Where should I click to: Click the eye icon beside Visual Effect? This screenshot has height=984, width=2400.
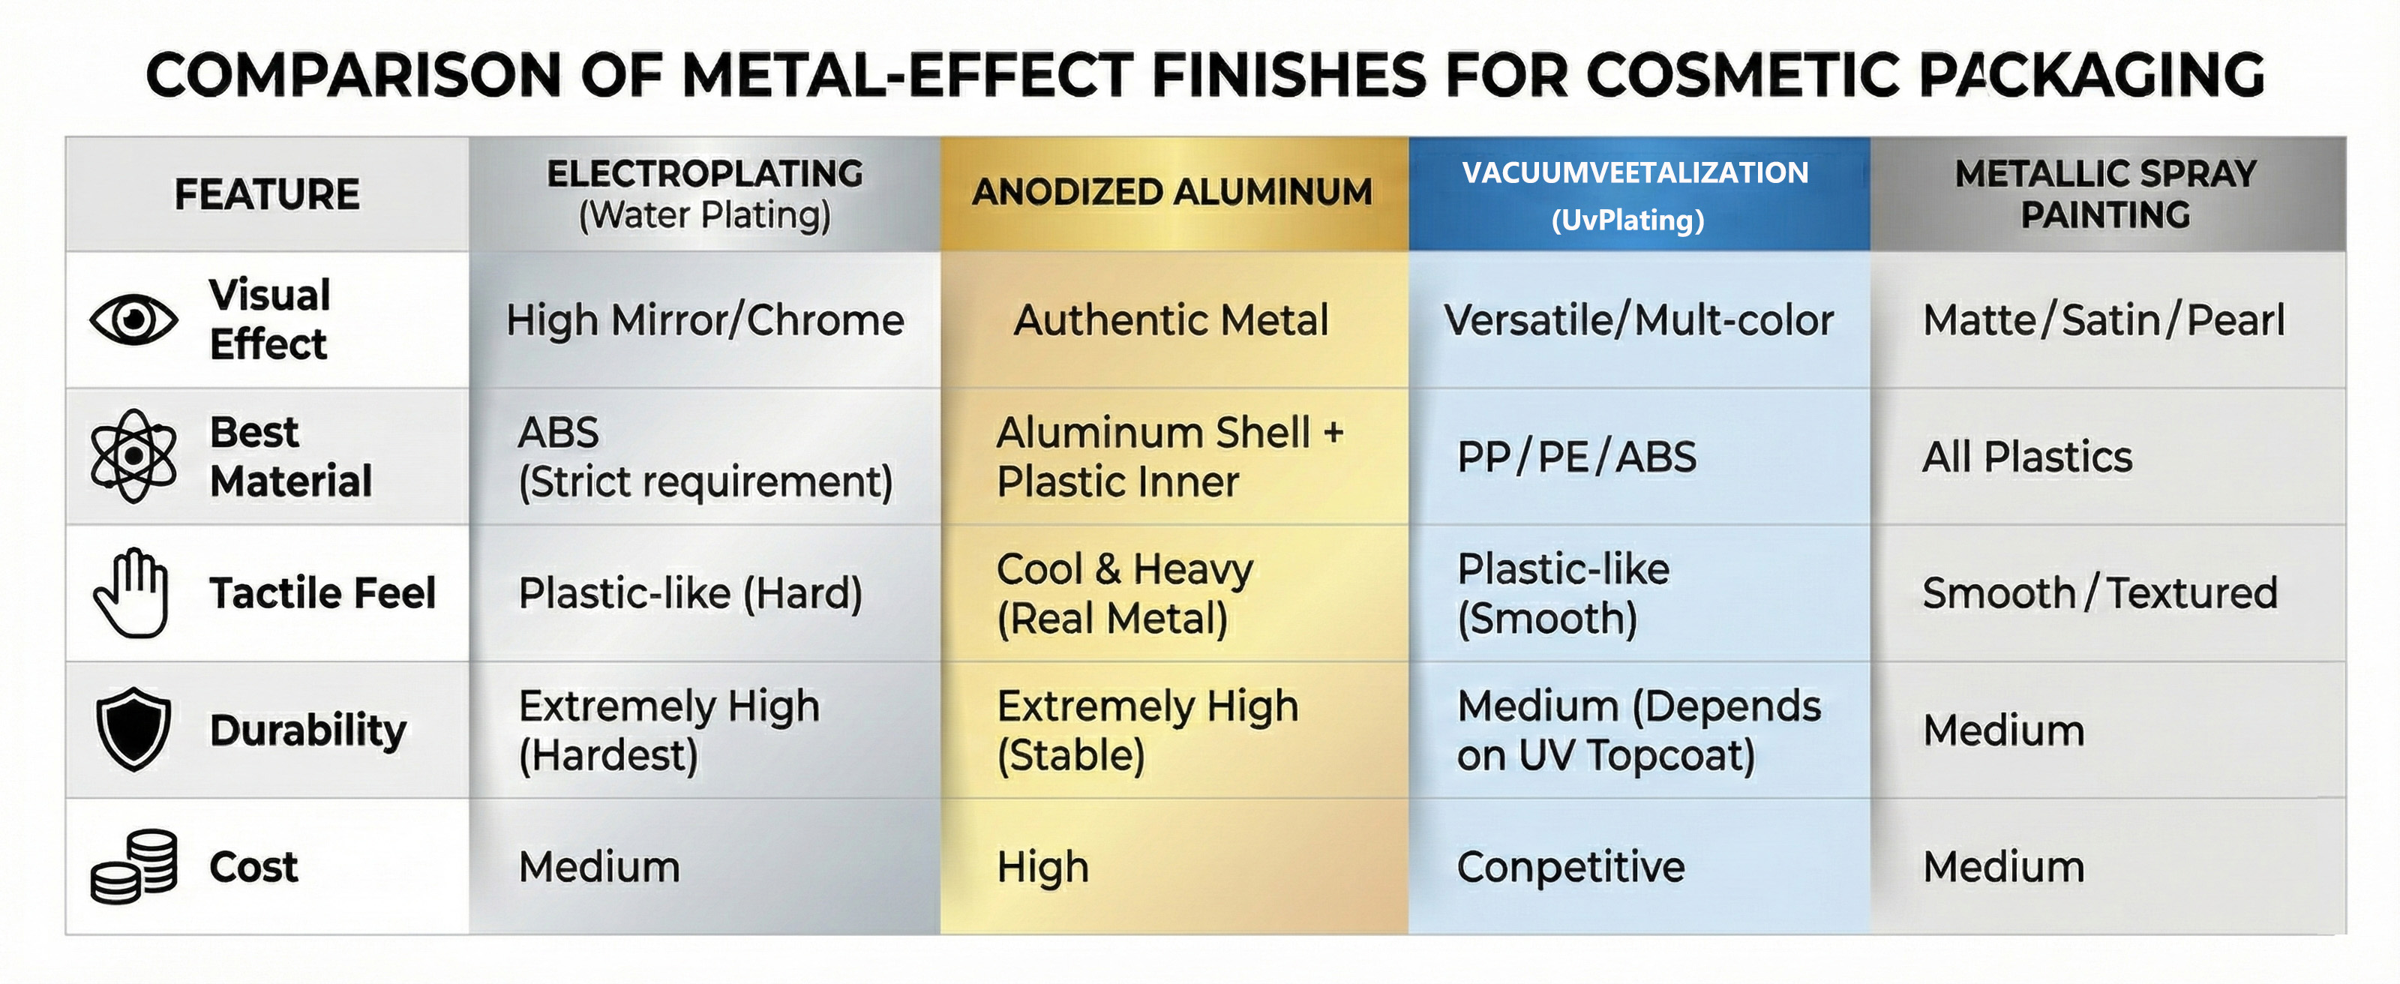coord(133,319)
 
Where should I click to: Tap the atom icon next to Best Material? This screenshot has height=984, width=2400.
coord(133,457)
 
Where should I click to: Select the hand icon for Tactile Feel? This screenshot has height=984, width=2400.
coord(131,592)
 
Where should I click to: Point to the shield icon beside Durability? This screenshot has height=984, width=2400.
coord(133,730)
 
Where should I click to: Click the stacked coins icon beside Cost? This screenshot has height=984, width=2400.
coord(133,866)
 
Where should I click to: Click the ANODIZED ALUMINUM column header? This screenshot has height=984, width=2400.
coord(1172,193)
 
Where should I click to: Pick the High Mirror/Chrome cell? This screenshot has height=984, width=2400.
coord(704,320)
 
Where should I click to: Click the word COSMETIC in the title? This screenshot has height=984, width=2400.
coord(1742,74)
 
